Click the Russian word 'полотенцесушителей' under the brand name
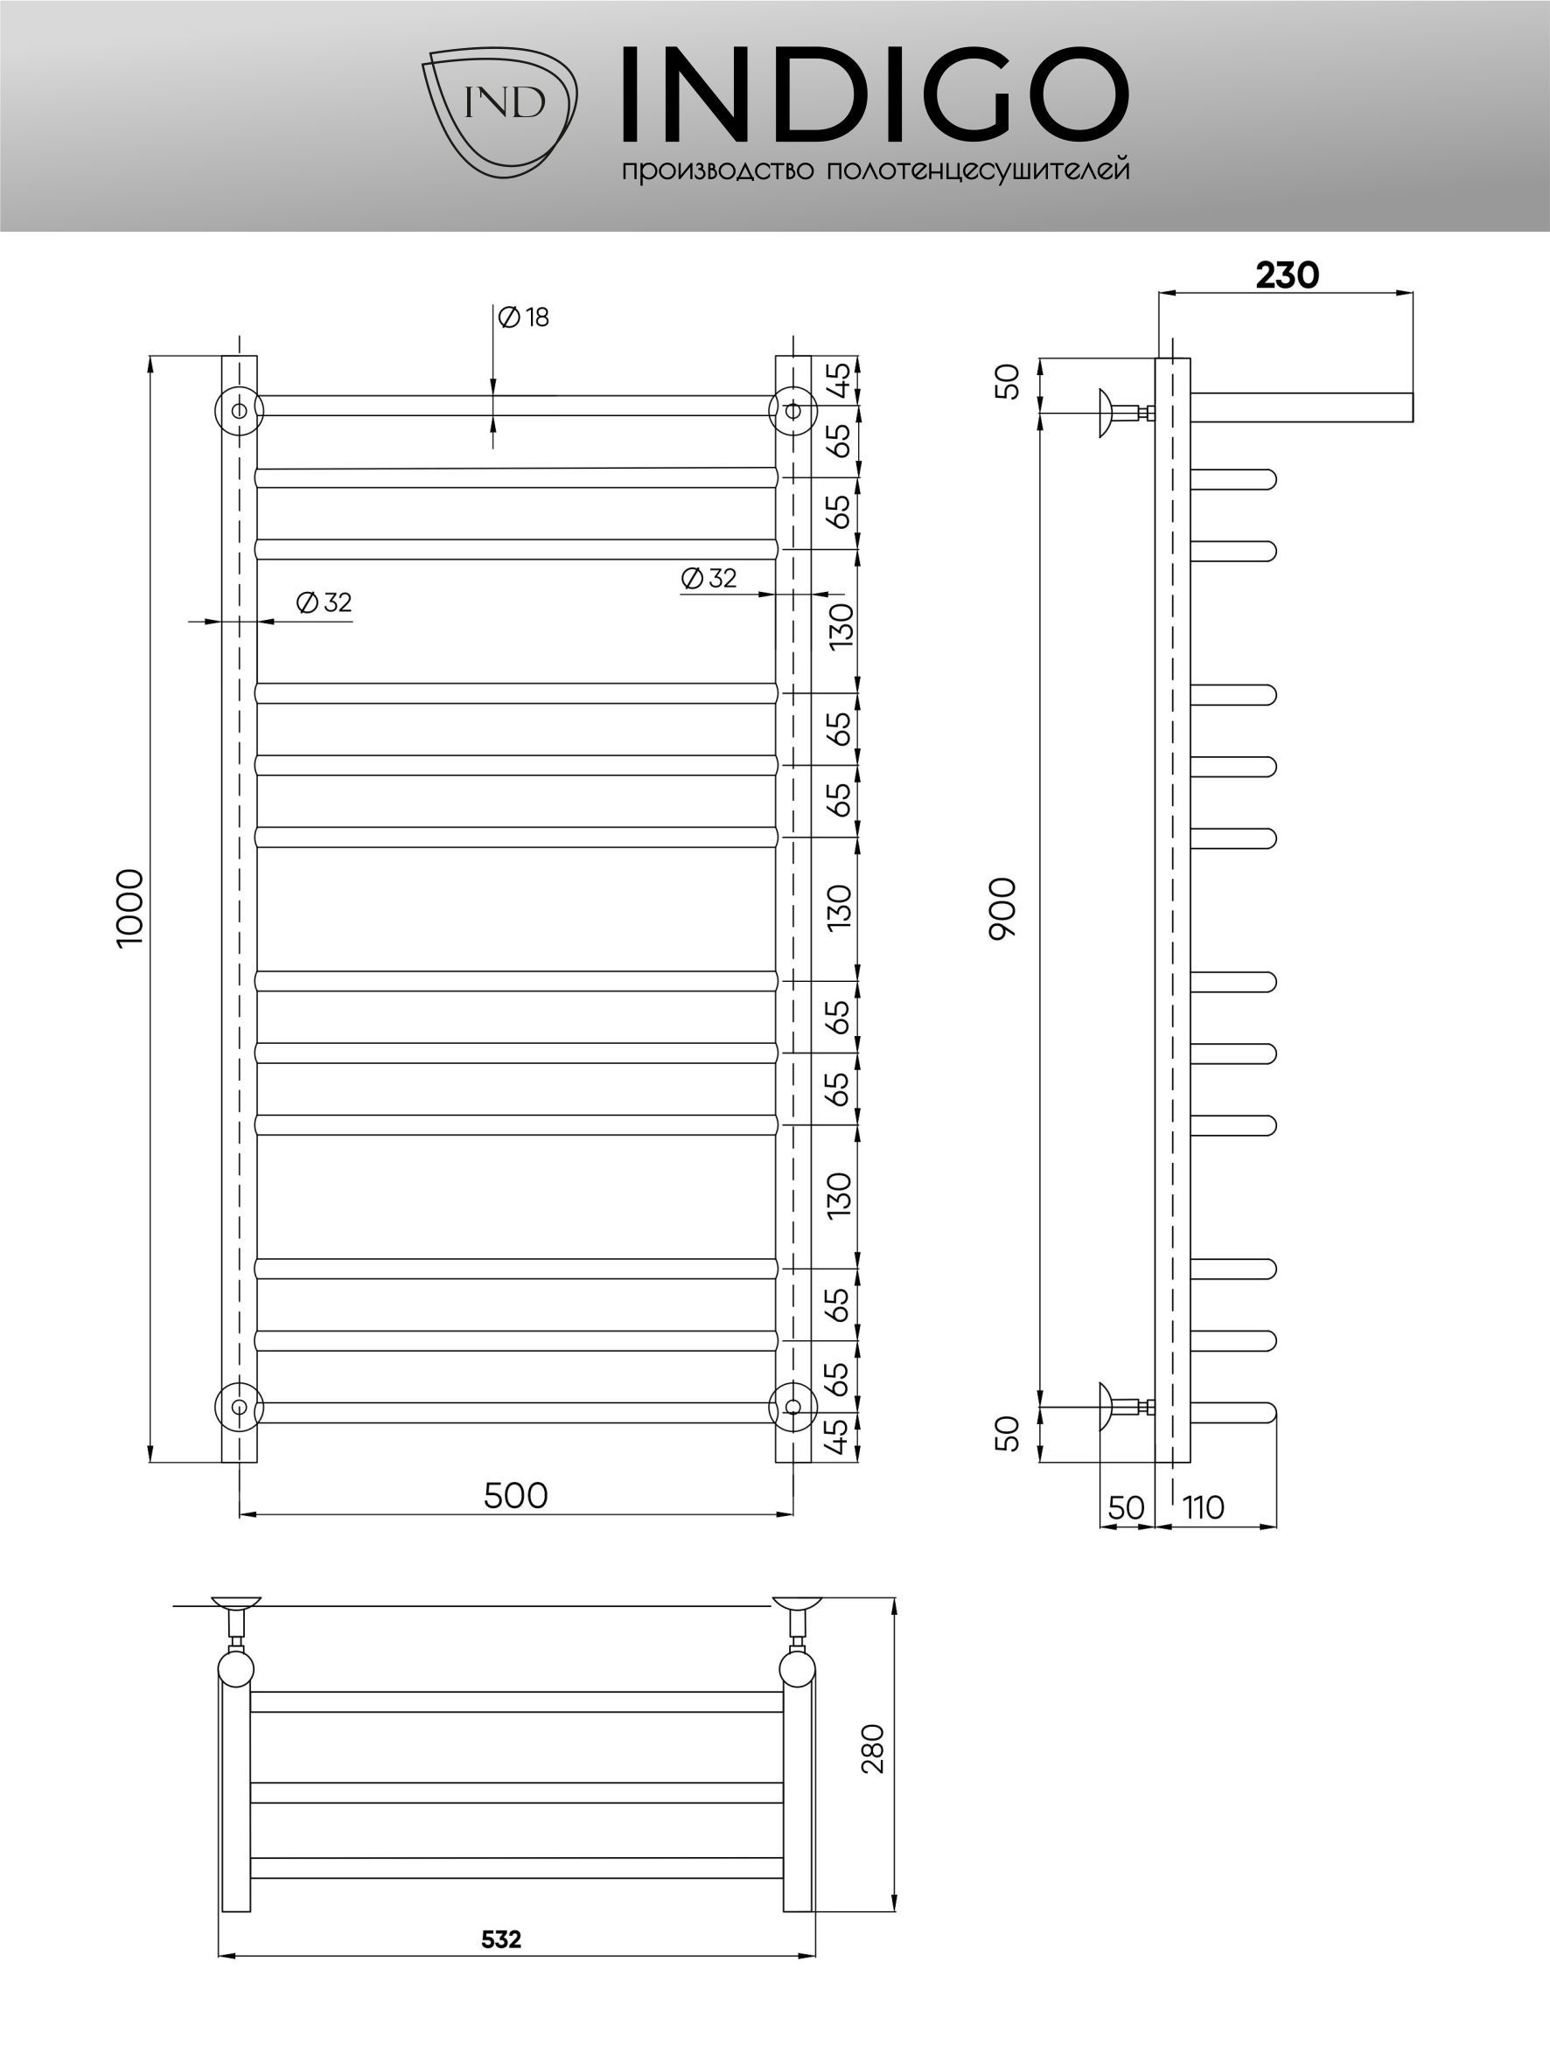tap(978, 170)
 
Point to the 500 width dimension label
tap(516, 1495)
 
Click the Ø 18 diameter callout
tap(523, 317)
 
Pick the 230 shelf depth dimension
tap(1287, 275)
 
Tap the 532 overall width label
tap(501, 1939)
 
